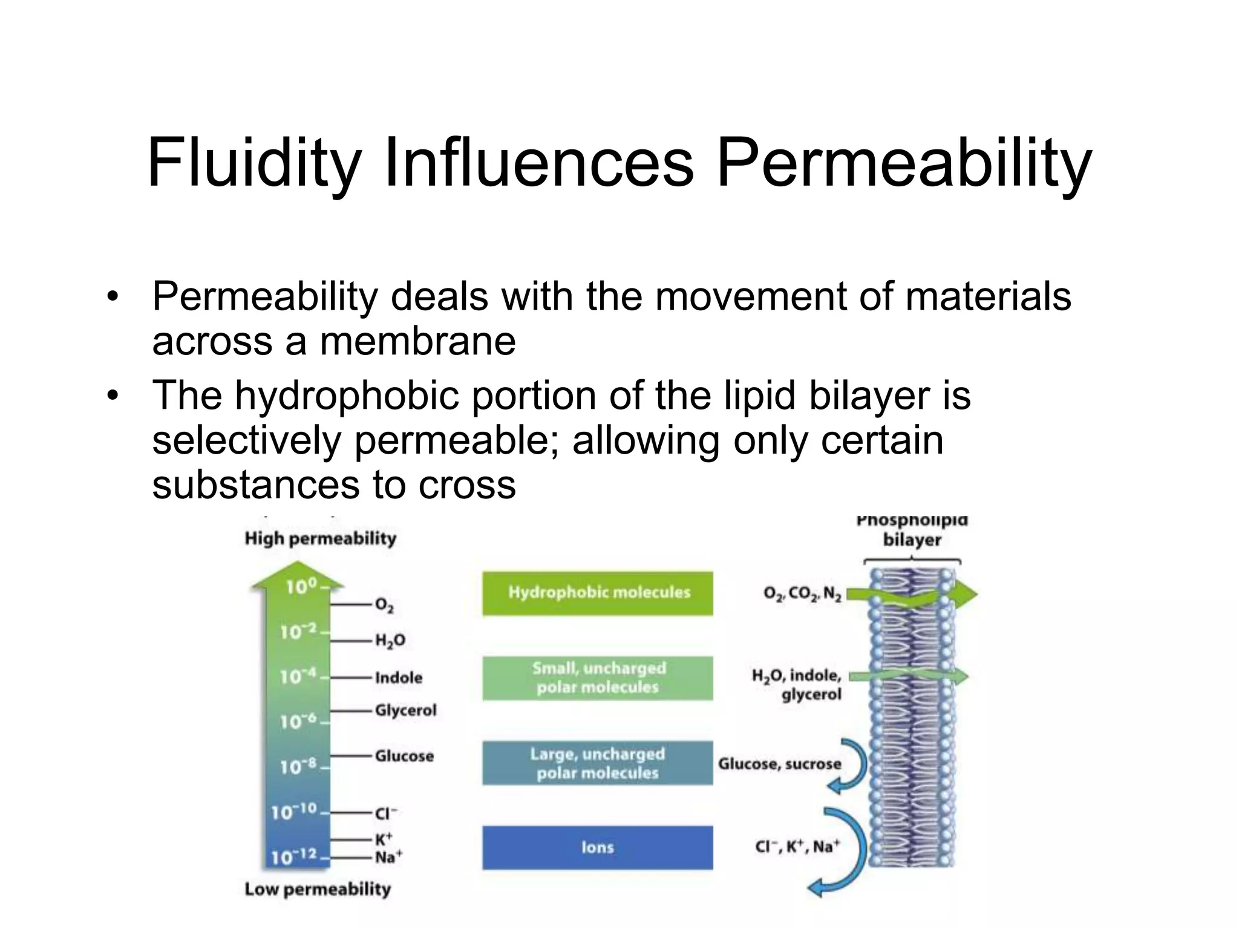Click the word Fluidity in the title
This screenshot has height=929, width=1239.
click(254, 163)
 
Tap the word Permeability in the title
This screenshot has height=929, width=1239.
click(904, 163)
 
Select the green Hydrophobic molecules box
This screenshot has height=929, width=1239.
click(598, 593)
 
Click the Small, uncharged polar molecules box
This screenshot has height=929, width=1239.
click(598, 678)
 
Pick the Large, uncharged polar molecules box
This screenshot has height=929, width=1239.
click(598, 763)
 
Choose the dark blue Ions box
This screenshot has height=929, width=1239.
click(598, 847)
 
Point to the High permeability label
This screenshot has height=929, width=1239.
click(320, 538)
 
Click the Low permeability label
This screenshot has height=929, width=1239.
click(318, 889)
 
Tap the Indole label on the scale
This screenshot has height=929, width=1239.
click(398, 677)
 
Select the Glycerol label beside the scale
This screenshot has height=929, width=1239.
click(405, 710)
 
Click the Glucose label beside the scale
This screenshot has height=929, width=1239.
click(404, 756)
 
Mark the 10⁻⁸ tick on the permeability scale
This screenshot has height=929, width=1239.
click(298, 767)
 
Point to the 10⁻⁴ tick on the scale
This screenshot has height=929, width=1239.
click(298, 676)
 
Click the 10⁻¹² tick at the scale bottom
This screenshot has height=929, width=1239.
click(295, 856)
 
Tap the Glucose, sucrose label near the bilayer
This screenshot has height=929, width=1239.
click(779, 764)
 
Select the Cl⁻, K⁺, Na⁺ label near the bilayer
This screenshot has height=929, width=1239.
click(797, 847)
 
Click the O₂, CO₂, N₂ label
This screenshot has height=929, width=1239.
click(802, 594)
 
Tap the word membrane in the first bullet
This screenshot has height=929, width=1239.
click(417, 342)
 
